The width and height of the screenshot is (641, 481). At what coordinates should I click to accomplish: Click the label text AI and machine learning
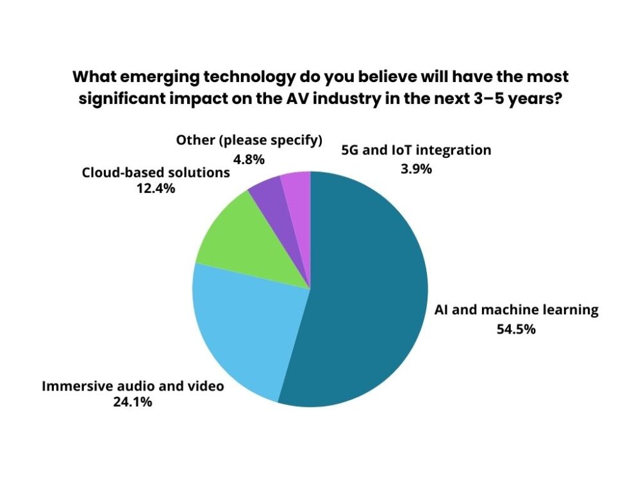[x=516, y=310]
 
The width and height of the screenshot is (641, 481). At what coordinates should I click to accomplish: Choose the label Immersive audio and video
[x=133, y=386]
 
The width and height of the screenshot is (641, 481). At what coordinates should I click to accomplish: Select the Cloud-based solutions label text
[x=155, y=173]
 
